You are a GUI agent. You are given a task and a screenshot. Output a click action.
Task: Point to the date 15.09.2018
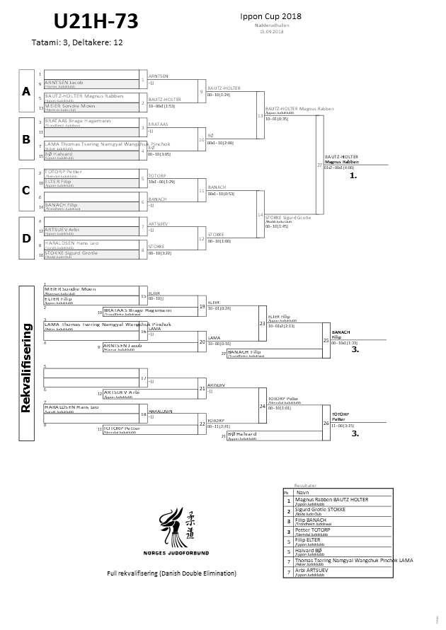[270, 32]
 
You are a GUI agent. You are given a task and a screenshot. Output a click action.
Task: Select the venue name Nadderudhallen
[270, 25]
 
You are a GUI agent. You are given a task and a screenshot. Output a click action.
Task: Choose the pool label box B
[26, 140]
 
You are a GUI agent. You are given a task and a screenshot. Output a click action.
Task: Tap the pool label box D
[26, 238]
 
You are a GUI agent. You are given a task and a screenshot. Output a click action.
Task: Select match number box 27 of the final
[319, 164]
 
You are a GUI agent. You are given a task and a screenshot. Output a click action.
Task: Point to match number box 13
[260, 115]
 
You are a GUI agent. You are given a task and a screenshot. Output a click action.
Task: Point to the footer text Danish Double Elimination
[171, 573]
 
